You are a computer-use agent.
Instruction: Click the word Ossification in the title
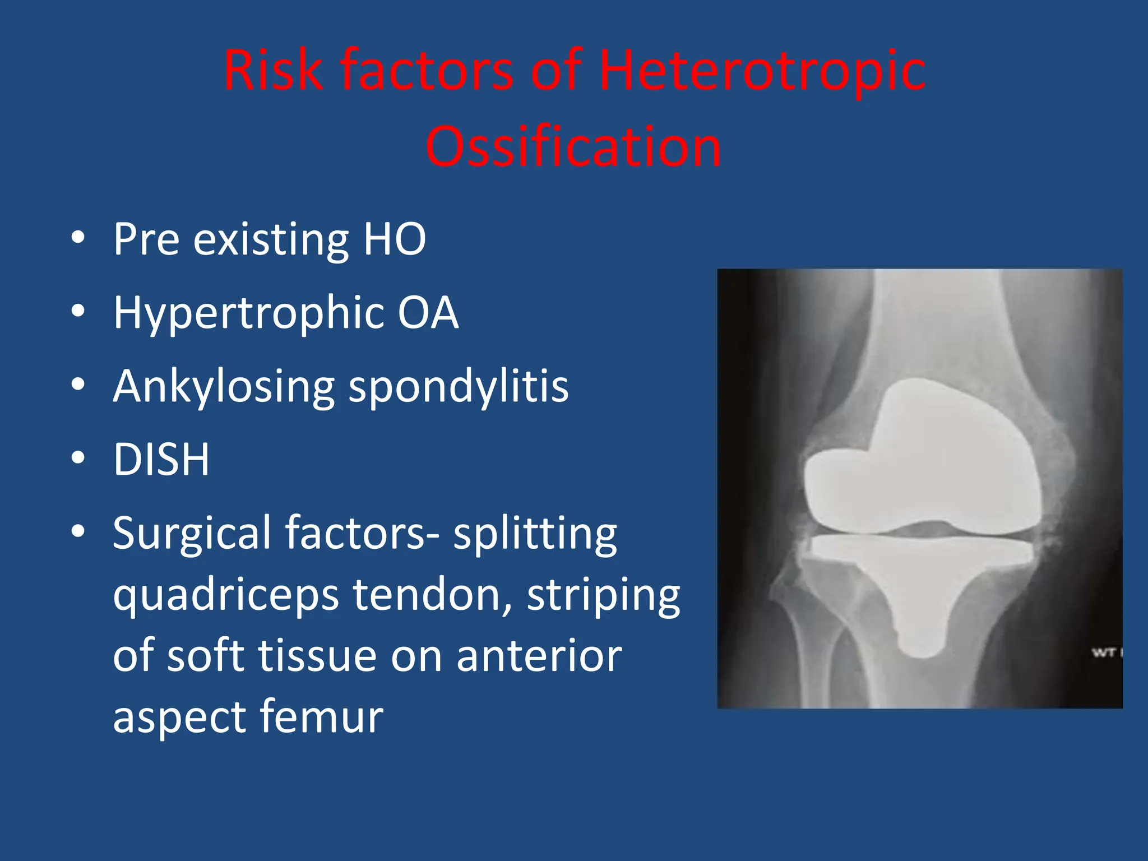[x=573, y=147]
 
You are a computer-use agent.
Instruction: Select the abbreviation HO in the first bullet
[x=395, y=239]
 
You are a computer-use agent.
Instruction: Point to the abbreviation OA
[x=428, y=312]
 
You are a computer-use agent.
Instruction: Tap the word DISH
[x=161, y=460]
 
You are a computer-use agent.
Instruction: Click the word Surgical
[x=191, y=534]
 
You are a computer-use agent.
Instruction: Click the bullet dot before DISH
[x=78, y=458]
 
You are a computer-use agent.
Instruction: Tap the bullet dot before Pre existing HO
[x=78, y=238]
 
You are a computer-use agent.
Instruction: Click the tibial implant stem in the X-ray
[x=919, y=617]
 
